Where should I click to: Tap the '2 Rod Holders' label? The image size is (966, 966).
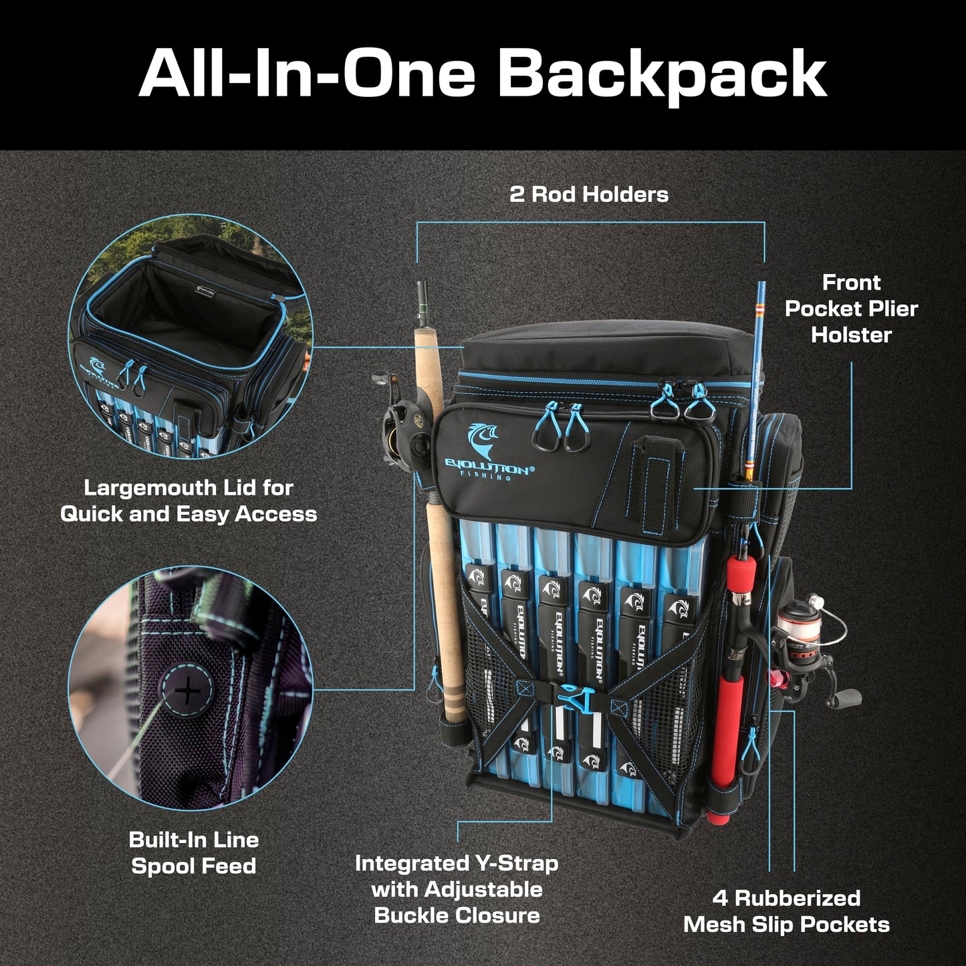588,195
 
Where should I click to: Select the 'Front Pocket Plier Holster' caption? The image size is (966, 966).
850,308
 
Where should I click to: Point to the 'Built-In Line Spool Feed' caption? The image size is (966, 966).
193,852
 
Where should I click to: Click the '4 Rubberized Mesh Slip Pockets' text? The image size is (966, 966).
786,911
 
